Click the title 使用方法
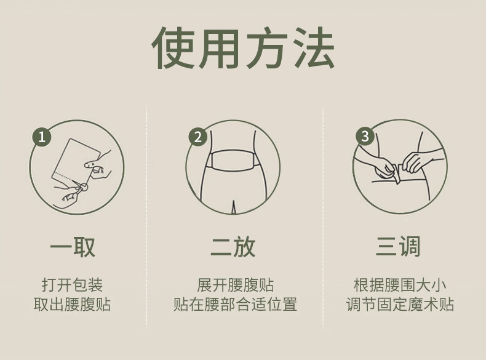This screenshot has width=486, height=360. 243,48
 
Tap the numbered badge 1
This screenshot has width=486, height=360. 42,137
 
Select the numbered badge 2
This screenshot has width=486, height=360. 198,137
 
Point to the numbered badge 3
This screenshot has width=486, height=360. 365,136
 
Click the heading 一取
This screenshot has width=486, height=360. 73,247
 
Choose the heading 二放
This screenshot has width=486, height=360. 233,247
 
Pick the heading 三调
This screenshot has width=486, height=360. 398,246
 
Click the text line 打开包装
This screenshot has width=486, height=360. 72,285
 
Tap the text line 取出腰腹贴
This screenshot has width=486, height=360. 72,304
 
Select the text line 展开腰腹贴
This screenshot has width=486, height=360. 235,285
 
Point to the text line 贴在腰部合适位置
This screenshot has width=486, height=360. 235,304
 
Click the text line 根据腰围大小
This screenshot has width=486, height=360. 400,285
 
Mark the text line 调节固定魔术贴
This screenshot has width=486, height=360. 400,304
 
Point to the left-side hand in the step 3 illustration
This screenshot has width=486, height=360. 384,167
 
